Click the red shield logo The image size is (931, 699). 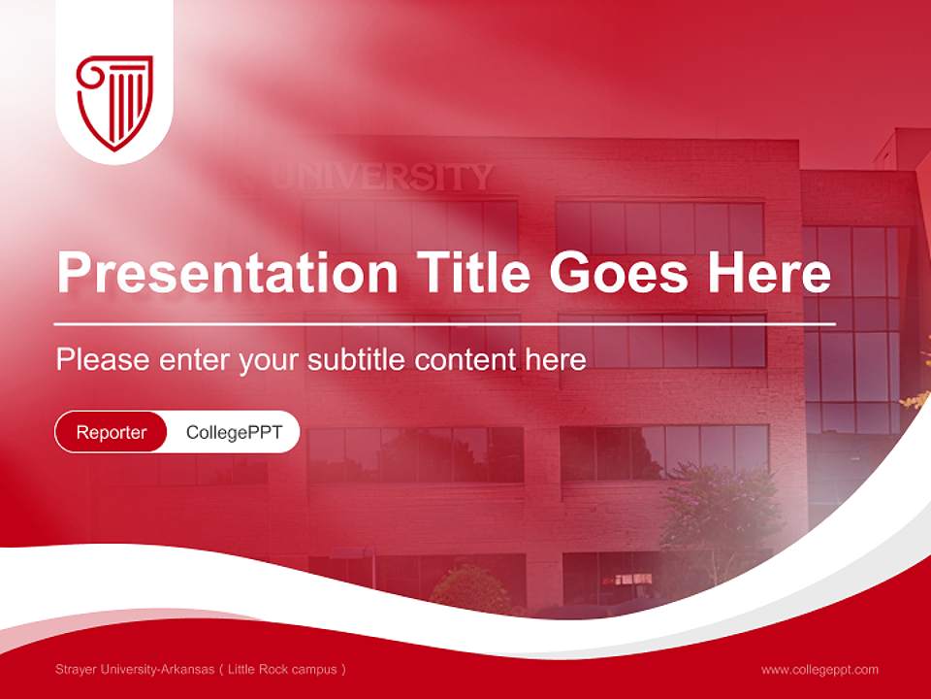pyautogui.click(x=114, y=101)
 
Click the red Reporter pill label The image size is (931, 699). pyautogui.click(x=112, y=432)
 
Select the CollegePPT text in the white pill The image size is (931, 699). pyautogui.click(x=234, y=432)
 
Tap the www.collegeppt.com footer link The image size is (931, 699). pyautogui.click(x=819, y=669)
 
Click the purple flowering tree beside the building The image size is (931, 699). pyautogui.click(x=718, y=510)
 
